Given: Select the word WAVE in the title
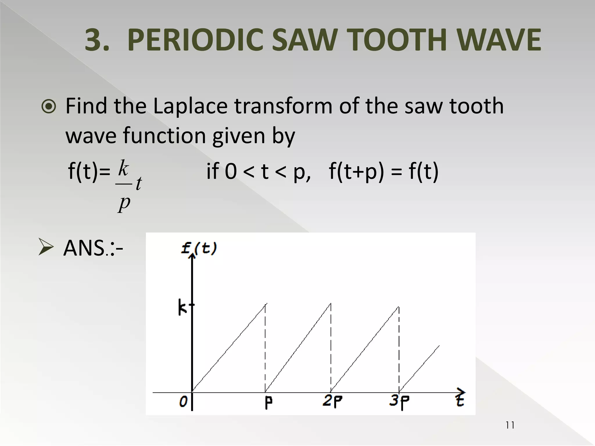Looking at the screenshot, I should (500, 40).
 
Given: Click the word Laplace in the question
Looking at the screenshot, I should (190, 106).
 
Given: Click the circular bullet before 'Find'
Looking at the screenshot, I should (49, 107).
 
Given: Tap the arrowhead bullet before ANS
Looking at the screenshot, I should (46, 247).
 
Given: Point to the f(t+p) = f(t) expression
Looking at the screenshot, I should (383, 171).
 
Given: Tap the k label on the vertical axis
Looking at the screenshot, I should (182, 308).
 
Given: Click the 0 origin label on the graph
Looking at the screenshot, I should (183, 402).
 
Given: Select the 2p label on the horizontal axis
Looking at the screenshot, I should (332, 402).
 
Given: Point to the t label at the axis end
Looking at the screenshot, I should (460, 400).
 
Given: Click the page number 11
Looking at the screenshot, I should (510, 425).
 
